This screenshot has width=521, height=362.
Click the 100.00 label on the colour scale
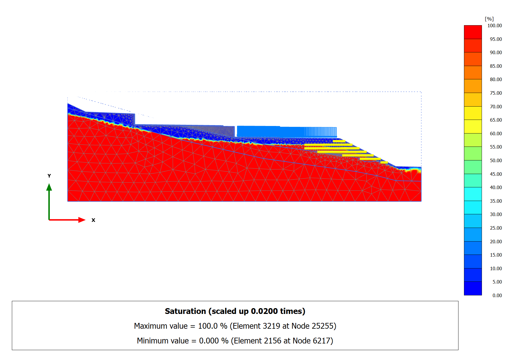494,25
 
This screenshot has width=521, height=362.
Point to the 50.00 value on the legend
496,160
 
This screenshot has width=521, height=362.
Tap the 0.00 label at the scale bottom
497,295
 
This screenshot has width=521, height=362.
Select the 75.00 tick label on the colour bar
496,93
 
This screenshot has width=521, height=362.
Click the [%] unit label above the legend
489,19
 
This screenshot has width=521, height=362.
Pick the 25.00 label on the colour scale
496,228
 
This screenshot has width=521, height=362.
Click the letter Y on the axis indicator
49,176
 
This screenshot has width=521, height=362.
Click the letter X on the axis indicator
93,220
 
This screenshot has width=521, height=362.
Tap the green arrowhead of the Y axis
49,187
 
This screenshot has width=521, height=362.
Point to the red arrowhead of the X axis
82,220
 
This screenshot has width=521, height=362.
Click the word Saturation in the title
185,311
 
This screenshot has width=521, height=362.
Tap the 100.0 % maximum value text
212,326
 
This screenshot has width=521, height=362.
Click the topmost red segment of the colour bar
473,32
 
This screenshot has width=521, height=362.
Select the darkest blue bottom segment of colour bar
473,288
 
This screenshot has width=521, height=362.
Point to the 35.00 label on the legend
496,201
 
